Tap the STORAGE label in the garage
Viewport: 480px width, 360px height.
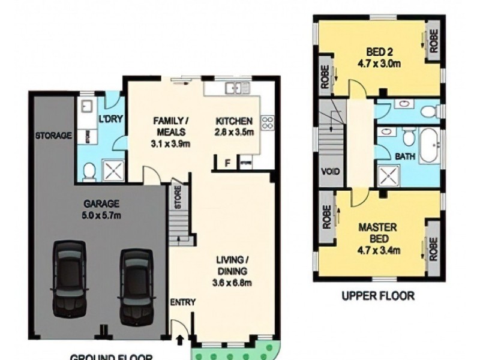(54, 136)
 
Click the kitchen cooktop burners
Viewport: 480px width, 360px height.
(267, 123)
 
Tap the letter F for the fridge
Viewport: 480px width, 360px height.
(227, 163)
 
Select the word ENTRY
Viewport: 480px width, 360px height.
(183, 302)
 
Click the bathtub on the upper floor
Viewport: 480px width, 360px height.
(428, 146)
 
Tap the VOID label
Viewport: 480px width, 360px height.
(331, 172)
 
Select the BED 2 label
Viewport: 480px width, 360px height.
(379, 52)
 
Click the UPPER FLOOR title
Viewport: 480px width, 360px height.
(378, 295)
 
